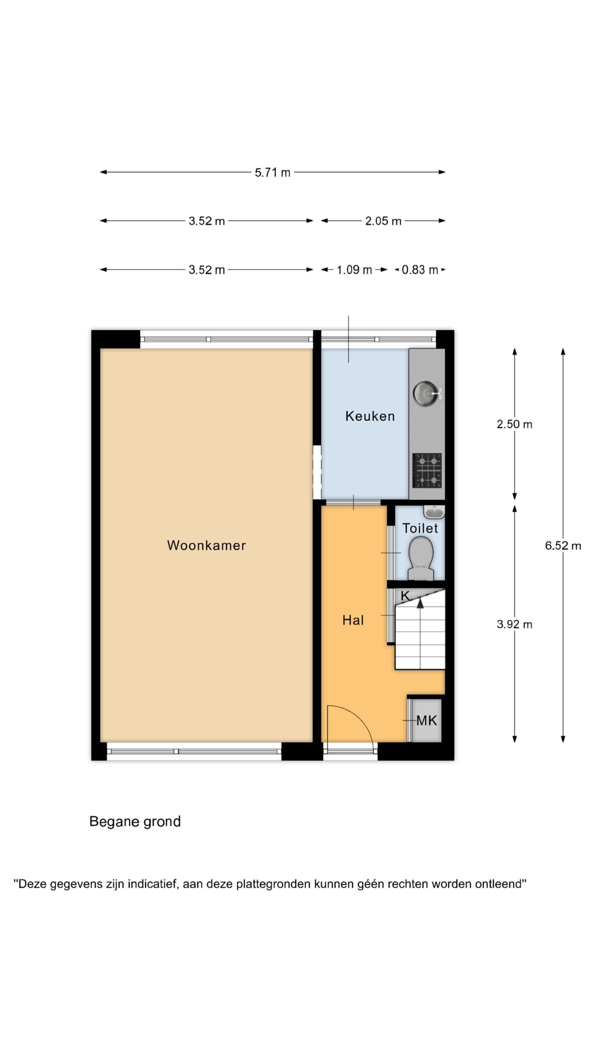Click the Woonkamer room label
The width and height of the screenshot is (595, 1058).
coord(206,545)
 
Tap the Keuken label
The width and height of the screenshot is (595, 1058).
coord(370,416)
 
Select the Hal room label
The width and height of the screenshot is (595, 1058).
coord(353,620)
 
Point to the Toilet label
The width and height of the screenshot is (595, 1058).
coord(420,528)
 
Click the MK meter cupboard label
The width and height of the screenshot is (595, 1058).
coord(426,721)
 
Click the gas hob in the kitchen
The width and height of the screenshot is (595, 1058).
coord(427,470)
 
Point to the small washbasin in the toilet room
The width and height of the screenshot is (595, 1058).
coord(434,512)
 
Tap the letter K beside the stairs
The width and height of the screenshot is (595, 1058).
coord(405,596)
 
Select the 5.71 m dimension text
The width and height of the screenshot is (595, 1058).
coord(272,172)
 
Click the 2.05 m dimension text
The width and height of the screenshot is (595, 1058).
coord(383,221)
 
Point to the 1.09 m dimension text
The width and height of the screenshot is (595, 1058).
coord(355,270)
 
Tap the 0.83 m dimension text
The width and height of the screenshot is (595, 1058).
coord(420,270)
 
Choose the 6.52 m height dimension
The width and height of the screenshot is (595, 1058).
coord(563,546)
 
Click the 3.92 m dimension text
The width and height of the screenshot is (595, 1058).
coord(514,624)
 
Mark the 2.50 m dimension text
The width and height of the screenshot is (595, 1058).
coord(514,424)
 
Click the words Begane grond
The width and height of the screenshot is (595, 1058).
coord(135,822)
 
